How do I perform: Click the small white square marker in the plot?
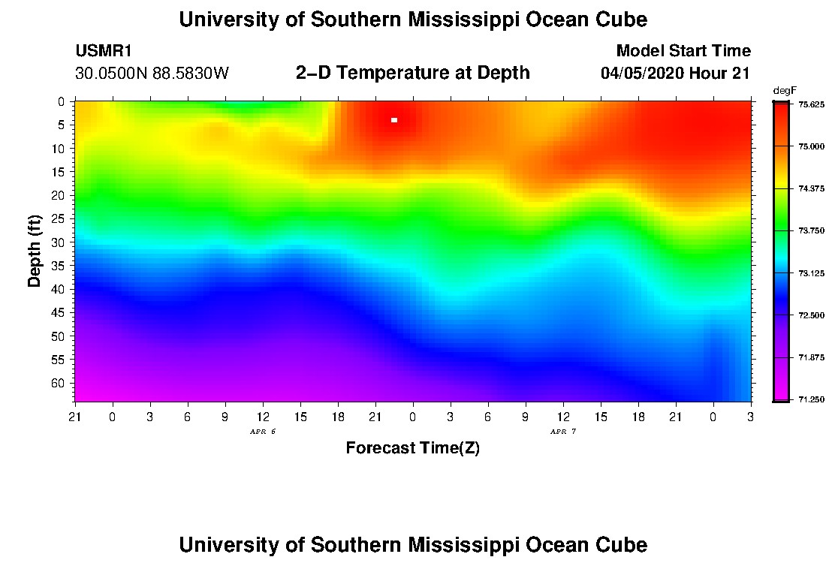pyautogui.click(x=394, y=120)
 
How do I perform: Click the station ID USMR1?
pyautogui.click(x=104, y=50)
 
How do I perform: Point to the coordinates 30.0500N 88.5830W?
pyautogui.click(x=152, y=73)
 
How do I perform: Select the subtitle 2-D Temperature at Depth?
pyautogui.click(x=412, y=72)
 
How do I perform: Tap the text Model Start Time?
pyautogui.click(x=683, y=50)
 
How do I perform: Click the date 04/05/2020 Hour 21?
pyautogui.click(x=675, y=73)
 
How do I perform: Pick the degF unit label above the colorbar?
pyautogui.click(x=785, y=91)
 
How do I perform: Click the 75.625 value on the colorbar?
pyautogui.click(x=811, y=104)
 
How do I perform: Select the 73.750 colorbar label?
pyautogui.click(x=811, y=230)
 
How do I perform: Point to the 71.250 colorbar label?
pyautogui.click(x=811, y=400)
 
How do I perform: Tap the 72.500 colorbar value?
pyautogui.click(x=811, y=315)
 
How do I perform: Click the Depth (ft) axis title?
pyautogui.click(x=35, y=251)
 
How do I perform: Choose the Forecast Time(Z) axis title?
pyautogui.click(x=412, y=447)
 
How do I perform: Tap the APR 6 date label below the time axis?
pyautogui.click(x=263, y=432)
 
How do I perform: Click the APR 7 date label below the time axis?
pyautogui.click(x=563, y=432)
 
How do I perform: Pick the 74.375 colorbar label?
pyautogui.click(x=811, y=188)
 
